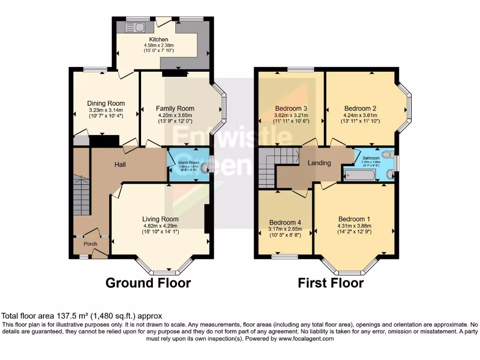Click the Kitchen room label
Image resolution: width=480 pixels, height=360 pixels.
(159, 39)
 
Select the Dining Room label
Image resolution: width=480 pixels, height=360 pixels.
(106, 104)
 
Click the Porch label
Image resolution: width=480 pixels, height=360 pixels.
(90, 244)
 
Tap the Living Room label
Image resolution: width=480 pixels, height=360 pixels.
(160, 219)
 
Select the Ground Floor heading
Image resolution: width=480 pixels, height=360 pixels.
(148, 283)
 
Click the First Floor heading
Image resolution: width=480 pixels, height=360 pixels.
(330, 283)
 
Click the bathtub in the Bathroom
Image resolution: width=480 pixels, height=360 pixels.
(360, 176)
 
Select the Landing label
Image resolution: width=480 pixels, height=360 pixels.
(319, 163)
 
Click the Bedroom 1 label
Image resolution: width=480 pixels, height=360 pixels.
(354, 219)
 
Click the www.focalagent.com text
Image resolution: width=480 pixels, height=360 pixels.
(307, 338)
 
